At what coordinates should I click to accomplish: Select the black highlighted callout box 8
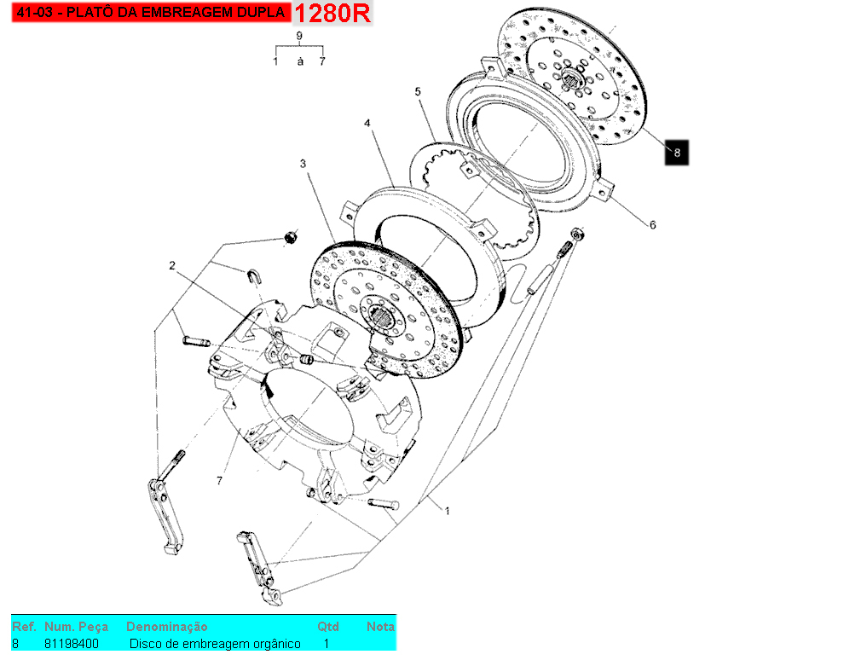[677, 153]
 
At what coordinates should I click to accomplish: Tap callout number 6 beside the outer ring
[652, 225]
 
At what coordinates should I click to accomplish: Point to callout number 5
[419, 91]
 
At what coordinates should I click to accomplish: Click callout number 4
[367, 124]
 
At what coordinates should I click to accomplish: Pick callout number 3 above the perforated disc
[302, 163]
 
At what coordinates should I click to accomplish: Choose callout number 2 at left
[171, 266]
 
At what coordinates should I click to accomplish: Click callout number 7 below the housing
[219, 481]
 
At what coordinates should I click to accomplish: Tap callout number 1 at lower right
[447, 510]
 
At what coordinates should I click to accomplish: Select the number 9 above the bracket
[299, 35]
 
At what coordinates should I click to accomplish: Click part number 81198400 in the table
[71, 644]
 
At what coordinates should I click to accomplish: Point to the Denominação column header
[166, 627]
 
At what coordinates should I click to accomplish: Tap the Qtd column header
[327, 627]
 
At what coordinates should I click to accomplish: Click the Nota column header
[380, 627]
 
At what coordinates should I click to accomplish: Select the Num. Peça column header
[77, 627]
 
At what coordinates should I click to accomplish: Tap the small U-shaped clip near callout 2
[254, 276]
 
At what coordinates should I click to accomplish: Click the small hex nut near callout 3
[291, 236]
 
